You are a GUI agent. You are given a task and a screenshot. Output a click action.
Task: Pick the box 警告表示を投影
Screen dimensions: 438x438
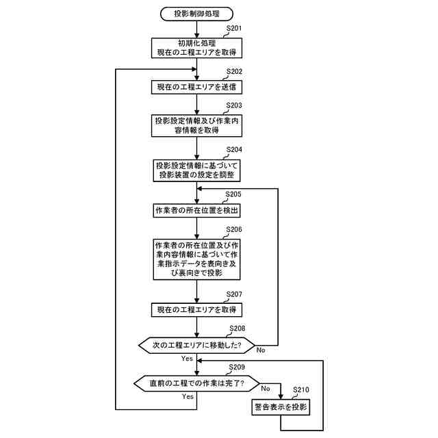pos(281,407)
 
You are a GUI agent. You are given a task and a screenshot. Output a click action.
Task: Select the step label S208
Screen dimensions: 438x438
pos(237,328)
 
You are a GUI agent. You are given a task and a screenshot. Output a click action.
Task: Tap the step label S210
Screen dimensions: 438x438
pos(301,390)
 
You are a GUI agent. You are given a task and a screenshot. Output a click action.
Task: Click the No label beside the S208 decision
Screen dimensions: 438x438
pos(261,350)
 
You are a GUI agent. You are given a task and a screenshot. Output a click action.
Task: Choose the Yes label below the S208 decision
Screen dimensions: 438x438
pos(187,358)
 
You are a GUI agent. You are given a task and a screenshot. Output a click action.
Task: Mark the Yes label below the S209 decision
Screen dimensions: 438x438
pos(187,396)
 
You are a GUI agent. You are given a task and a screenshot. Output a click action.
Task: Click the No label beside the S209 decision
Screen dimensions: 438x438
pos(265,389)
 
